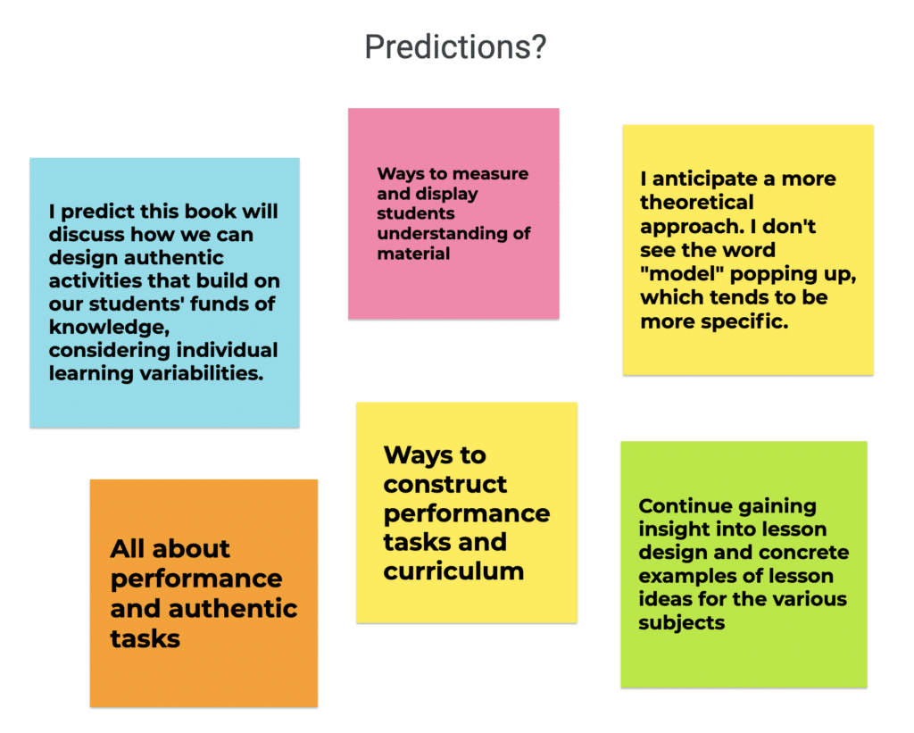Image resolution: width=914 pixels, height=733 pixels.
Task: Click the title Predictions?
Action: (x=455, y=46)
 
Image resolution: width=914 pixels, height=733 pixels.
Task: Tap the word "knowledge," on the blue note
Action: (x=109, y=327)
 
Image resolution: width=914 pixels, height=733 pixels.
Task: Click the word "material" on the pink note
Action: (x=413, y=254)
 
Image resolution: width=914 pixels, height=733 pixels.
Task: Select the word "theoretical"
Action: (x=696, y=203)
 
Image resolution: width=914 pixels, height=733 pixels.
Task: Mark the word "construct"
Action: (x=445, y=485)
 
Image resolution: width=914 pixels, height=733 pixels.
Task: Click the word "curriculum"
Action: (x=453, y=571)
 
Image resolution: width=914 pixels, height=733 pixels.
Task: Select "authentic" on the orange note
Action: (x=233, y=609)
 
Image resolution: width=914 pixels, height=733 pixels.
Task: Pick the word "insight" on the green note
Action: (x=673, y=529)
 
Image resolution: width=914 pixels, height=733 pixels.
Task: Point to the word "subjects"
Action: (x=681, y=623)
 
